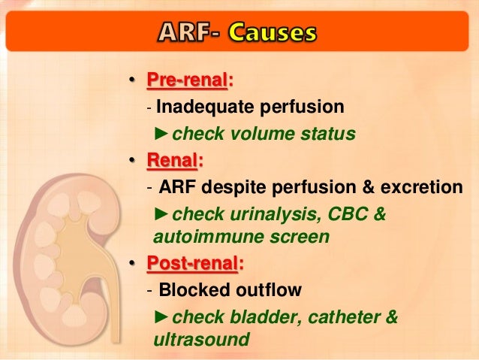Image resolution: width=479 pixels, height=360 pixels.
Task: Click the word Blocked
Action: [188, 290]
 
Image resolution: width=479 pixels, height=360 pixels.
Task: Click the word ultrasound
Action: [200, 340]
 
